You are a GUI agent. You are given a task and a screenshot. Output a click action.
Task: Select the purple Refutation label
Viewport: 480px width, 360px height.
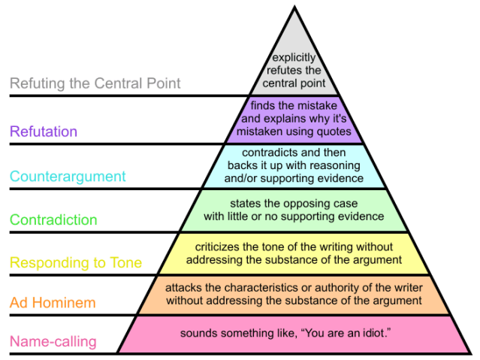(x=44, y=132)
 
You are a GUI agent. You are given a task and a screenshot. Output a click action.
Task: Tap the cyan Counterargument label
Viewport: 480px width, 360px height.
(x=68, y=177)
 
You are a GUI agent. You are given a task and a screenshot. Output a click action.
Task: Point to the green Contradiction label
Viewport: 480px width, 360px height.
(x=53, y=220)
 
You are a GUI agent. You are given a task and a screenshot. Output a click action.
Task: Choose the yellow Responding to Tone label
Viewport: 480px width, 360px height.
(x=76, y=263)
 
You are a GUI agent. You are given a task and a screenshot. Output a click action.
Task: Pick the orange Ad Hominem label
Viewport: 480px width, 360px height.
(x=53, y=303)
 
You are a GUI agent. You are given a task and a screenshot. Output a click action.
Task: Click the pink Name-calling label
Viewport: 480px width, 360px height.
(x=53, y=342)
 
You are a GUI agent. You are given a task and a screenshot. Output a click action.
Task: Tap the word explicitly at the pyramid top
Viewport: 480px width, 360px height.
(x=294, y=57)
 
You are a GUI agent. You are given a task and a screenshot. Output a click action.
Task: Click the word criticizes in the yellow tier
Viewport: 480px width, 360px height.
(x=222, y=247)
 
